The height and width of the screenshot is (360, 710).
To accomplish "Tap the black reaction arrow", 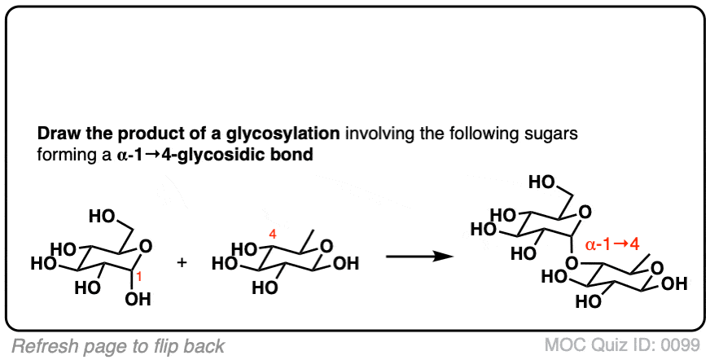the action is point(419,257).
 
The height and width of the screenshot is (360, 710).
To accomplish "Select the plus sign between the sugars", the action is point(182,263).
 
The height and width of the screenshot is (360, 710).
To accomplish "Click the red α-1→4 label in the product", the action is point(612,245).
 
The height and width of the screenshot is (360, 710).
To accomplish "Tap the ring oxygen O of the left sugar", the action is point(146,247).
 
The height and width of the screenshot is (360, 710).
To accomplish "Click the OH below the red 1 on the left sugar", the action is point(138,299).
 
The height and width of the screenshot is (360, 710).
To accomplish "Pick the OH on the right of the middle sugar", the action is point(346,264).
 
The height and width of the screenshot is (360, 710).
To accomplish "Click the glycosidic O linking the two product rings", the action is point(572,262).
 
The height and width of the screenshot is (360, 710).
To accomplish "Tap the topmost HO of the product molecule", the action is point(541,183).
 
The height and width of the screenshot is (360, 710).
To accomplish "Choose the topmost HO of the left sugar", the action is point(102,217).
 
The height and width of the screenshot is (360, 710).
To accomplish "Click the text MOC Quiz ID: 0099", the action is point(623,346).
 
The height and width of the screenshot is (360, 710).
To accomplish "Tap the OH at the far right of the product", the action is point(675,284).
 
